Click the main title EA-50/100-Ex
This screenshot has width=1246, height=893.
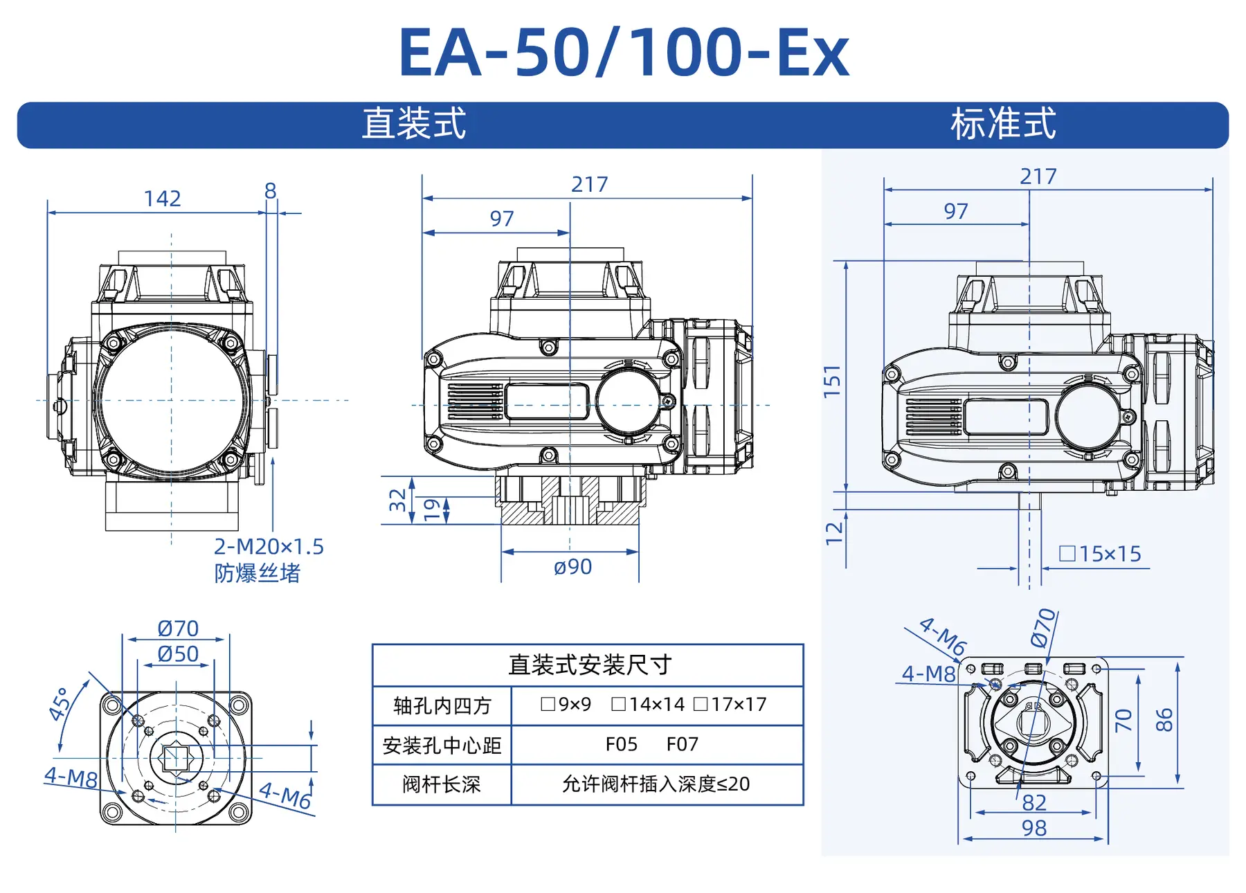(x=623, y=53)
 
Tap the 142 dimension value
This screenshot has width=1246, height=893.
(x=162, y=199)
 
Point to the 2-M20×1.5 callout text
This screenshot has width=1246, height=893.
(x=269, y=547)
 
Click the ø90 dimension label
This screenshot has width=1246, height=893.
(x=572, y=567)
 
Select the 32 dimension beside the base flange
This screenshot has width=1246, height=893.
(x=397, y=500)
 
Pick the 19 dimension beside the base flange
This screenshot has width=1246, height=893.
(x=432, y=509)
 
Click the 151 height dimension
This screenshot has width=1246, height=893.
(x=832, y=381)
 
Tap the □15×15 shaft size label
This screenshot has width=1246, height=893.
(x=1100, y=554)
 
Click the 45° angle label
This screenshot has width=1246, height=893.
(x=60, y=704)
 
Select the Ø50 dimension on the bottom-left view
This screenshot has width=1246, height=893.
(x=178, y=653)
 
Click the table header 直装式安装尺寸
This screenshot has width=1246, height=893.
(x=589, y=665)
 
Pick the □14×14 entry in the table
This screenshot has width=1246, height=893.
(x=648, y=705)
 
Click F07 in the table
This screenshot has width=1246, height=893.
(x=682, y=744)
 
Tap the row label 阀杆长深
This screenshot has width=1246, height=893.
(x=441, y=784)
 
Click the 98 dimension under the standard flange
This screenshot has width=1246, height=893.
(x=1034, y=828)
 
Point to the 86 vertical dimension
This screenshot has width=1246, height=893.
(x=1164, y=720)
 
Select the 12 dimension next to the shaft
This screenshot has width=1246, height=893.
(x=835, y=533)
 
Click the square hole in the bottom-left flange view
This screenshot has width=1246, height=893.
(x=176, y=758)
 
